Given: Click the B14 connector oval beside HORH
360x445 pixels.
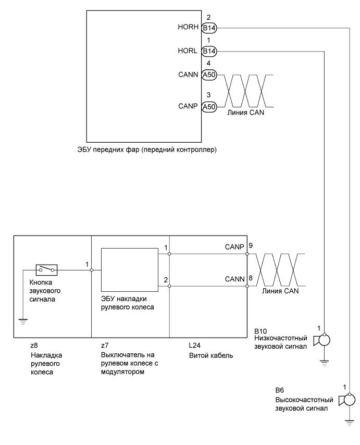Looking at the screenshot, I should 208,29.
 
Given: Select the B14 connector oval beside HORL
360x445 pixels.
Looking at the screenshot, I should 208,51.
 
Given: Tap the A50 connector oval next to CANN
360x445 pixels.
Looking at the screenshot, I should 208,75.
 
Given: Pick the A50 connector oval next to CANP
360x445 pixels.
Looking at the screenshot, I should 208,107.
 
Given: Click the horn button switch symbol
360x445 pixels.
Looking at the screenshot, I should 46,270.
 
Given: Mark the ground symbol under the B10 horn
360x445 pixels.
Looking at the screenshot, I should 325,363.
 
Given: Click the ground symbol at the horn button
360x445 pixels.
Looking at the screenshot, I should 23,321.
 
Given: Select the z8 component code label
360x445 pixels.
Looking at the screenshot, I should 33,344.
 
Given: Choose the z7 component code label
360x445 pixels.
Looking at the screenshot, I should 105,344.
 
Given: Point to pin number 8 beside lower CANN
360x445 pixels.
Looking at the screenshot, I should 251,279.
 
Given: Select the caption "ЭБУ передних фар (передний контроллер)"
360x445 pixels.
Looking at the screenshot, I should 146,150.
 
